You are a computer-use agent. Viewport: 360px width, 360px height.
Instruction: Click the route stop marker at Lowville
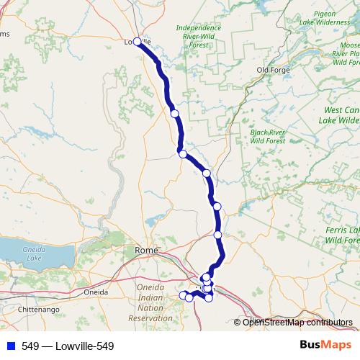tap(137, 42)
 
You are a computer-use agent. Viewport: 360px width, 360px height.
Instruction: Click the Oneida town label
tap(96, 292)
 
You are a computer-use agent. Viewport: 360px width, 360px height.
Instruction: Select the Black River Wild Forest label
tap(268, 137)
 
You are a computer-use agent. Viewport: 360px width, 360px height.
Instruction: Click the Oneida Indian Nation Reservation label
tap(150, 302)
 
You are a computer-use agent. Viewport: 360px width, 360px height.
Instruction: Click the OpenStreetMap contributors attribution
tap(297, 323)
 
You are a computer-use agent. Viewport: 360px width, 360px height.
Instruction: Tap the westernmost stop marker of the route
tap(183, 295)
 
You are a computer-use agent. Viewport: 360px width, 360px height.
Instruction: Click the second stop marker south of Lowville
tap(183, 154)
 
